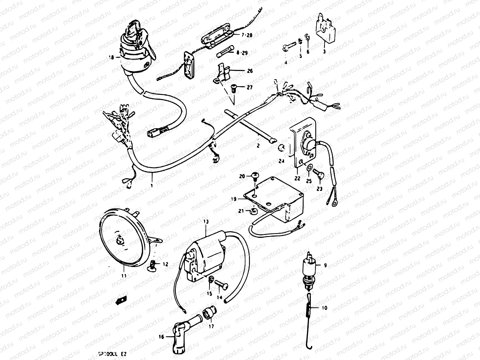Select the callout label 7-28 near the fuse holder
247,35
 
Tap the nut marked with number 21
253,211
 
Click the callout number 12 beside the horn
166,264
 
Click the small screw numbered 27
235,88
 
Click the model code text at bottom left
112,354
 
